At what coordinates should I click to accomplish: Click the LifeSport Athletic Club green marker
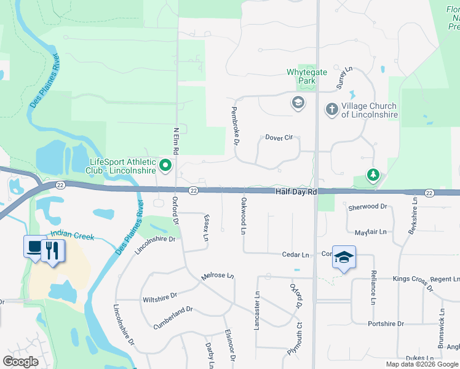point(165,165)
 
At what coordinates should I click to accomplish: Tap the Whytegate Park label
point(301,76)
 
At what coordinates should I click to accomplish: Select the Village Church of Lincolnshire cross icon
point(331,109)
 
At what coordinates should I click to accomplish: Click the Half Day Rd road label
point(296,192)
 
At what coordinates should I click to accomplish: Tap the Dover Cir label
point(279,138)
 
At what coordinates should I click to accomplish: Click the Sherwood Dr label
point(368,207)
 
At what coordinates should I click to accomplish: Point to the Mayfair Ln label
point(371,232)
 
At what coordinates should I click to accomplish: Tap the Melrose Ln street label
point(218,277)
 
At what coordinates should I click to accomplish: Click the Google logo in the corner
point(20,361)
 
